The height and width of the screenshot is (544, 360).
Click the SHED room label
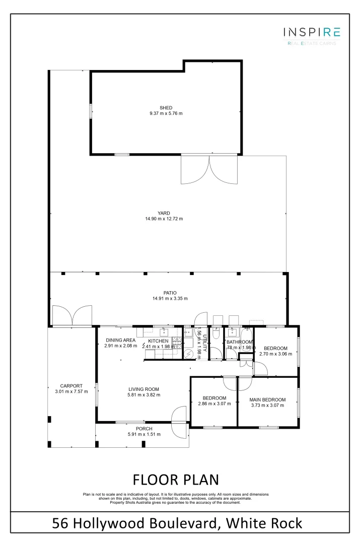(166, 108)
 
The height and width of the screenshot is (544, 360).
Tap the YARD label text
(164, 213)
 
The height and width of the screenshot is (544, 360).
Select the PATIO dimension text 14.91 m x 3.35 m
(170, 299)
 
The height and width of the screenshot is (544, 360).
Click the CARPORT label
(71, 386)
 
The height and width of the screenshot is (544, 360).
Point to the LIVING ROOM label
(143, 389)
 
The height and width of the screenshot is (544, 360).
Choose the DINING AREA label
(120, 341)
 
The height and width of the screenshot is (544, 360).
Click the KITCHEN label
(158, 341)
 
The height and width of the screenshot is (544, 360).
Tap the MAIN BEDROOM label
(267, 400)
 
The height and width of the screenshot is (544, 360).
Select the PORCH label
(144, 429)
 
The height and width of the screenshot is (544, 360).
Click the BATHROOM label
(239, 342)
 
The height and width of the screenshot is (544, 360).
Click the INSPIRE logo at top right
(311, 33)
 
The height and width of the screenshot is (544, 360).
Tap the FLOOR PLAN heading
(175, 479)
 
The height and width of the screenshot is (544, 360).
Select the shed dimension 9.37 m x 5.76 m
(166, 113)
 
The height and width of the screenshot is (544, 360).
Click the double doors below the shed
(209, 170)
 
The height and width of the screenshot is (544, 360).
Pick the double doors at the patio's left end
(73, 315)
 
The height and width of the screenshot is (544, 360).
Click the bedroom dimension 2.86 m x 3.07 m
(214, 403)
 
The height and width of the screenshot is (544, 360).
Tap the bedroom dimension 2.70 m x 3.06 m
(276, 354)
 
